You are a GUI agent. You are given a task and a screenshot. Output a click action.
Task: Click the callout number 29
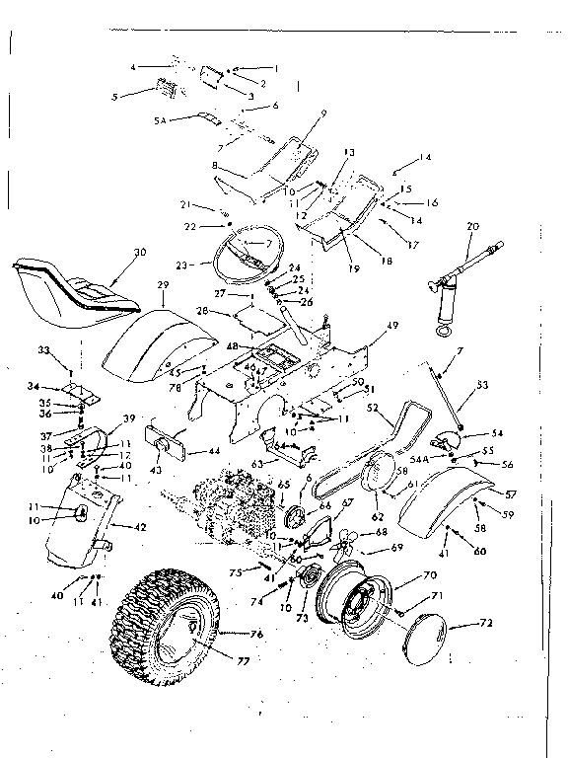pyautogui.click(x=164, y=283)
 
